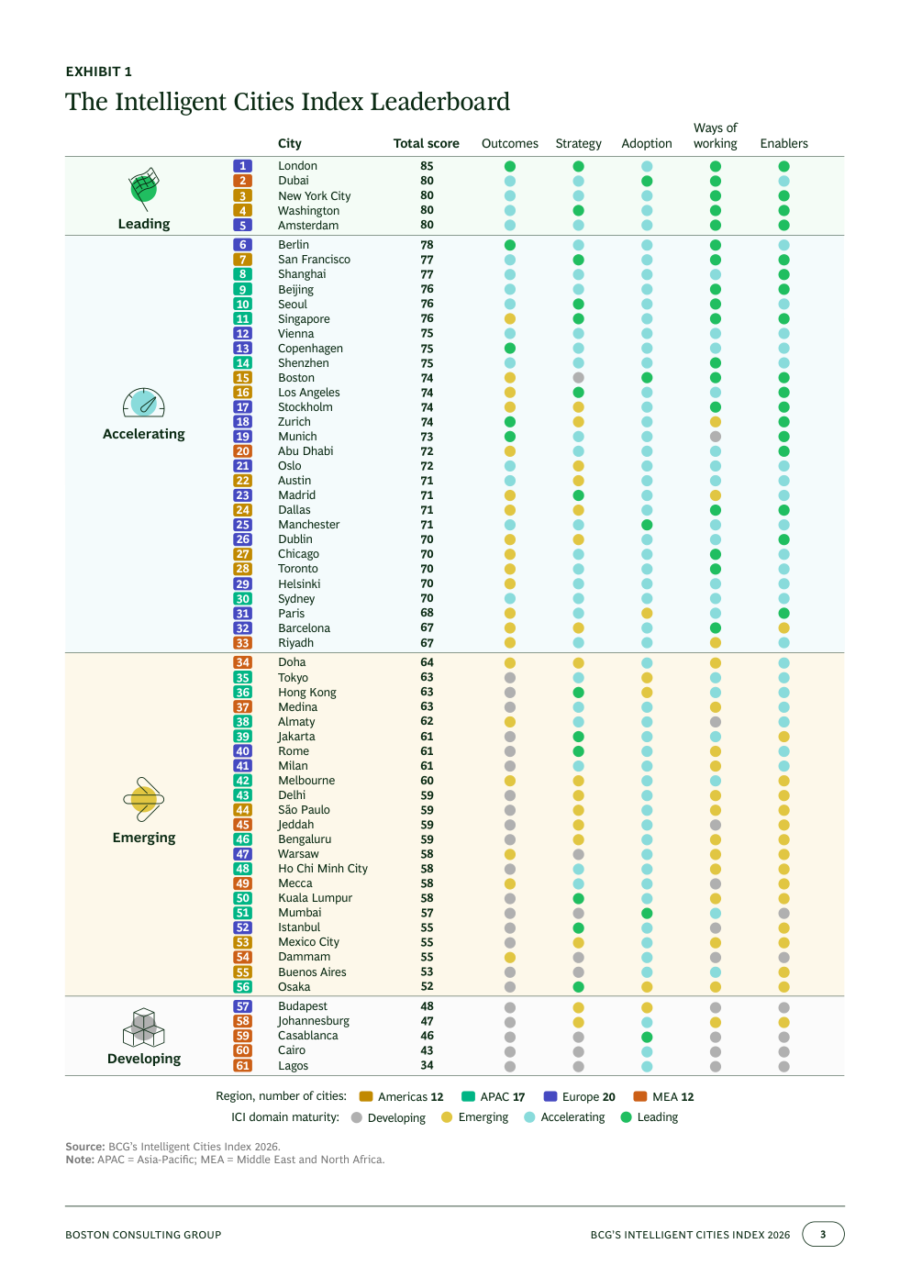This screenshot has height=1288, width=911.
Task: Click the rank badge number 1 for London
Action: tap(242, 166)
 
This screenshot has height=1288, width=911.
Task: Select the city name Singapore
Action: tap(304, 319)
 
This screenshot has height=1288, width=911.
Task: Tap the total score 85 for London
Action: tap(427, 166)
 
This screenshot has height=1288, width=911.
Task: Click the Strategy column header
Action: tap(578, 143)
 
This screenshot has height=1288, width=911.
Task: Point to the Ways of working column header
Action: tap(715, 136)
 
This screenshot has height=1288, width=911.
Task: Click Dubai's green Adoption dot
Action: tap(647, 181)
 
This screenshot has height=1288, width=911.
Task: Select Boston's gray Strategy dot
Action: tap(578, 378)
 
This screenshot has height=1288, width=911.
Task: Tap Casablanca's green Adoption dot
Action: tap(647, 1038)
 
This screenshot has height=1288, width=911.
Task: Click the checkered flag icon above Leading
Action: tap(144, 189)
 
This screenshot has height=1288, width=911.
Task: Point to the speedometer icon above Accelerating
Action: tap(144, 403)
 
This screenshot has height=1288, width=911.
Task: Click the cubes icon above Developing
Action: tap(144, 1027)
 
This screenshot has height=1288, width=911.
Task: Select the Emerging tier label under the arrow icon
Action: tap(144, 838)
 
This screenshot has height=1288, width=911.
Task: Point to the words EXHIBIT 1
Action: tap(98, 72)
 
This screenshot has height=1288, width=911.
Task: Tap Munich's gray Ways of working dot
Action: tap(715, 437)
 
